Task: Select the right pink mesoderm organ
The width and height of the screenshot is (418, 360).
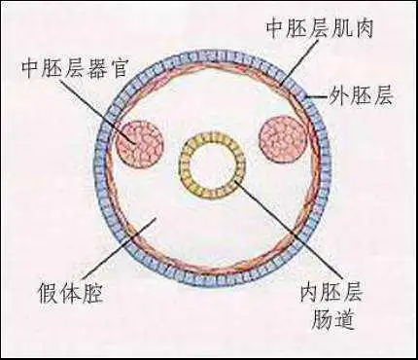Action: (x=285, y=138)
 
